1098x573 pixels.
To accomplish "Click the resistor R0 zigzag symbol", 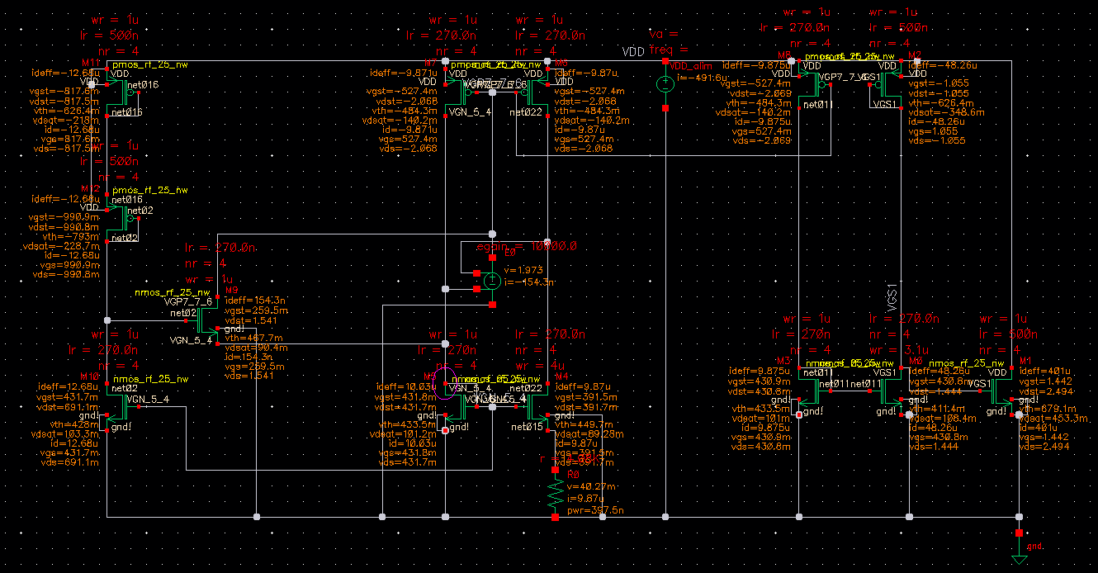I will point(554,498).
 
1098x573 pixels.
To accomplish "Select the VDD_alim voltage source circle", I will point(665,83).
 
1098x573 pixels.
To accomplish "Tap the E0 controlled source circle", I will point(492,281).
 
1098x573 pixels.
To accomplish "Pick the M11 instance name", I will point(91,62).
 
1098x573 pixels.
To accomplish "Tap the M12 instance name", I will point(91,189).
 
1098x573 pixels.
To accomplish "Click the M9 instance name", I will point(232,291).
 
